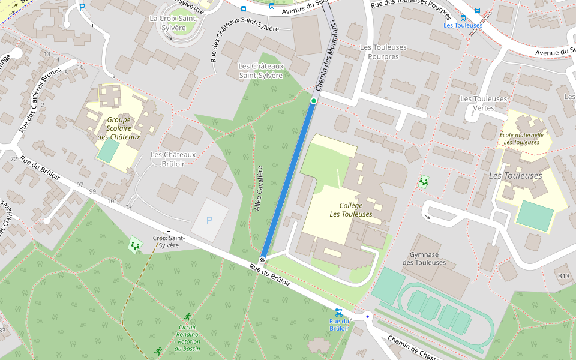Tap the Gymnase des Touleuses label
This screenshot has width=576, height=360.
point(424,258)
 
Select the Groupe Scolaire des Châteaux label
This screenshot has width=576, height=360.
point(119,128)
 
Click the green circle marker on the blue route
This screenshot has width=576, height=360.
point(313,101)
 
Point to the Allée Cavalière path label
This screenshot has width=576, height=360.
point(259,188)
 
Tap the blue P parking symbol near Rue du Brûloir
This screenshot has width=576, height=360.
point(209,220)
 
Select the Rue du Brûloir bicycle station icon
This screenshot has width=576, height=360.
point(339,312)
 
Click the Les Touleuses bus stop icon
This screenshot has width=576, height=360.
point(463,18)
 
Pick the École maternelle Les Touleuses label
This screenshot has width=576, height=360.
point(521,139)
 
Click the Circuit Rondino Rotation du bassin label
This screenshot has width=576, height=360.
point(188,338)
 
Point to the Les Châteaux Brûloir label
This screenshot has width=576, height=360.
point(173,159)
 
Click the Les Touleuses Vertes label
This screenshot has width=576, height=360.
point(484,103)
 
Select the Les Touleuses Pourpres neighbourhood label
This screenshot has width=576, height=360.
point(383,52)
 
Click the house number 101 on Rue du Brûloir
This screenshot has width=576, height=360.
point(112,201)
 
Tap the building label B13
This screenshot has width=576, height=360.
point(563,275)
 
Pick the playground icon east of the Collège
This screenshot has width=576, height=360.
point(424,181)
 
